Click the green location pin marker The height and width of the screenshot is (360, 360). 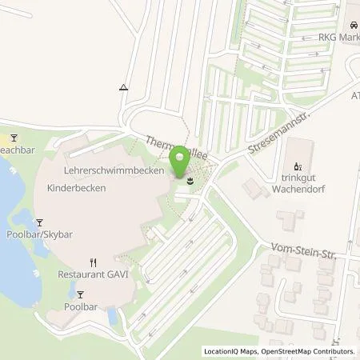click(x=179, y=162)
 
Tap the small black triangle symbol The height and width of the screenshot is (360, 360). click(x=123, y=86)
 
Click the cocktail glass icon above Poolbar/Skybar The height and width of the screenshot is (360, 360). click(x=38, y=222)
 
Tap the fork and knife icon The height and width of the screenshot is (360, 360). click(x=94, y=262)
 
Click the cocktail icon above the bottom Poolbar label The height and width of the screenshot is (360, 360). click(x=77, y=293)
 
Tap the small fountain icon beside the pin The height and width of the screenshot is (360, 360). click(x=190, y=182)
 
